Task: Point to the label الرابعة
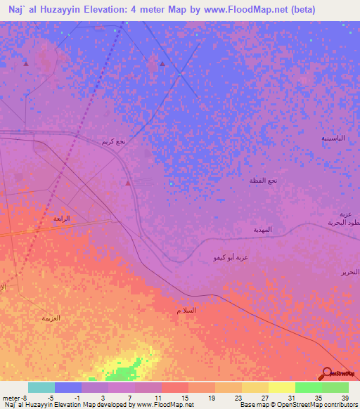point(62,219)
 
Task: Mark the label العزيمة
point(51,318)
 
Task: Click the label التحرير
point(349,271)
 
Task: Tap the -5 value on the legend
point(50,397)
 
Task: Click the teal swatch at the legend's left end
point(41,387)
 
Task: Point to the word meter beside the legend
point(11,397)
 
